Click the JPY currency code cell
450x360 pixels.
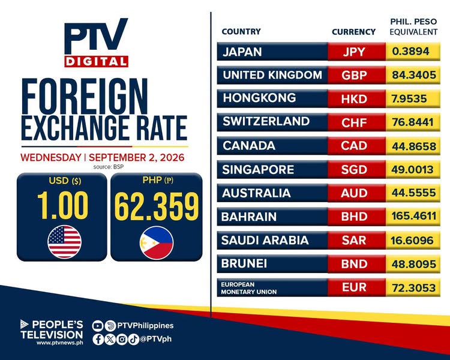click(x=356, y=52)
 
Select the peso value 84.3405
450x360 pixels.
click(x=414, y=75)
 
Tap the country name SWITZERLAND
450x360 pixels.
click(x=266, y=121)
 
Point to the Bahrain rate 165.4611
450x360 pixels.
click(x=414, y=216)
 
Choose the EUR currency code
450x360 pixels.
click(x=354, y=287)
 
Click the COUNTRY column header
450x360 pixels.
click(x=241, y=31)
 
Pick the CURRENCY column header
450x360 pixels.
click(x=353, y=32)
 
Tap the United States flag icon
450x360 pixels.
click(x=65, y=242)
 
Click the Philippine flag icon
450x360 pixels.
click(x=157, y=243)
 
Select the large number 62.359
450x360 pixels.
click(x=157, y=206)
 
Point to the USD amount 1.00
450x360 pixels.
click(x=62, y=206)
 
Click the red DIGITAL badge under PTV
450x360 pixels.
click(x=96, y=61)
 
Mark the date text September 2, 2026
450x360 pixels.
click(x=136, y=158)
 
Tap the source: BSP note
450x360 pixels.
click(x=109, y=167)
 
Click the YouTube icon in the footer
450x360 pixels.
click(x=98, y=326)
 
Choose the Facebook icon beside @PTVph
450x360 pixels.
click(x=98, y=340)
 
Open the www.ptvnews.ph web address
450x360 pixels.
click(x=59, y=343)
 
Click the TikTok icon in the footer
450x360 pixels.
click(x=134, y=340)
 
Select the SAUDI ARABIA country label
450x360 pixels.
click(x=265, y=240)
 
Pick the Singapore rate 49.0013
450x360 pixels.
click(x=412, y=169)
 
